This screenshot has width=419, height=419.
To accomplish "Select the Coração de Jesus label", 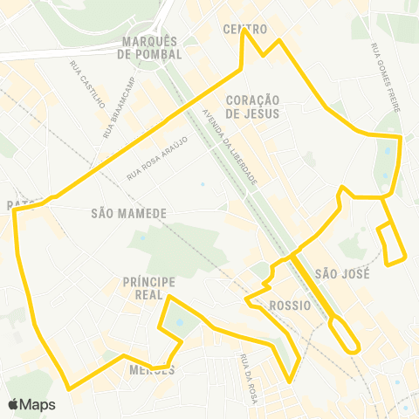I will pos(251,106).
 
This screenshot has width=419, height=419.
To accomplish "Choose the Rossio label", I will pos(291,306).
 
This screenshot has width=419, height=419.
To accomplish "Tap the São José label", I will pos(343,273).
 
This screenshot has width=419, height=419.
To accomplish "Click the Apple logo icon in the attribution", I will pos(14,404).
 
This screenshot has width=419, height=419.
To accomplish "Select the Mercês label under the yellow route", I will pos(151,370).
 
